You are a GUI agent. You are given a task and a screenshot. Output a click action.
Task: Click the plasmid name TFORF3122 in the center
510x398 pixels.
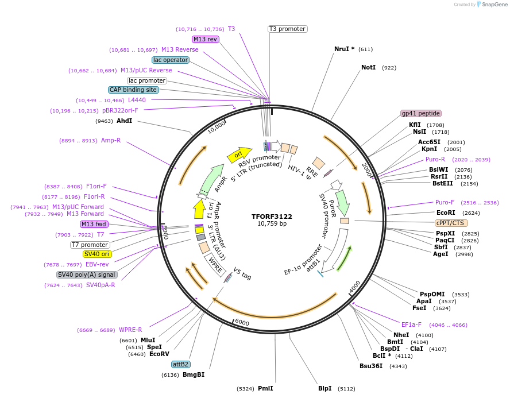click(272, 217)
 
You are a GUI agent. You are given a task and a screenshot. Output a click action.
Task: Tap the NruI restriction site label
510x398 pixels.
click(344, 49)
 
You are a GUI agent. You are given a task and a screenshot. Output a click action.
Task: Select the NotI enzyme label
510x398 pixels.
click(368, 68)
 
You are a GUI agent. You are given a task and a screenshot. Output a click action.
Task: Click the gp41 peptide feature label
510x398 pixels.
click(421, 113)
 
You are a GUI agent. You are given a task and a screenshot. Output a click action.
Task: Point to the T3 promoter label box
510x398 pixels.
click(287, 29)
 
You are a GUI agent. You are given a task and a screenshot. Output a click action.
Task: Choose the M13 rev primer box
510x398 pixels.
click(206, 39)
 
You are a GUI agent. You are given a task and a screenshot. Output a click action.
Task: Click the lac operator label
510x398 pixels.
click(171, 60)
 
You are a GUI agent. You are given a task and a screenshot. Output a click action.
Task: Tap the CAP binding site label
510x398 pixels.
click(133, 90)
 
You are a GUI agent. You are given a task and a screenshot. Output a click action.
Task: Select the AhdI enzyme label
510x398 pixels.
click(124, 121)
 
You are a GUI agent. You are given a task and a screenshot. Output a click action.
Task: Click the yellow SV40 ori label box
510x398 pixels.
click(97, 254)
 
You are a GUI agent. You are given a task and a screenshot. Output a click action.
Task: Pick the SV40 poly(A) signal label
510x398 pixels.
click(87, 275)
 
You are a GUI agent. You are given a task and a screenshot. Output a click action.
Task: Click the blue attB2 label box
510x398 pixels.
click(181, 364)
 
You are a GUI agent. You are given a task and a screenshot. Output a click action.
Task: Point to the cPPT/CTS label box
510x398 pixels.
click(451, 223)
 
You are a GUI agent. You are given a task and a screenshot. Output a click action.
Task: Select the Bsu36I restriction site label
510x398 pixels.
click(371, 366)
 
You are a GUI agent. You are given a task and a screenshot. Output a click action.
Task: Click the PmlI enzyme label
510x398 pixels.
click(265, 389)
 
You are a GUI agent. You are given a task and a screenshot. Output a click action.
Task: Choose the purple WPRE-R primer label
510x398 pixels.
click(130, 330)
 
